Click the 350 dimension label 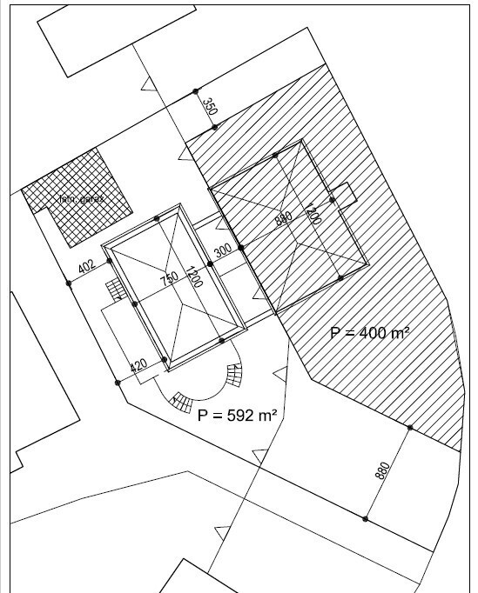tap(209, 108)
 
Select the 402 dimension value tap(85, 268)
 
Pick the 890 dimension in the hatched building tap(282, 219)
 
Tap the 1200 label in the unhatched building tap(193, 279)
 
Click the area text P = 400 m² tap(370, 332)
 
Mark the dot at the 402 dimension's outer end tap(68, 283)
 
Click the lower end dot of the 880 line tap(365, 519)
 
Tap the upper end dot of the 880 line tap(407, 427)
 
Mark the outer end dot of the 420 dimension tap(117, 382)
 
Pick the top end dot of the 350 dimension tap(197, 90)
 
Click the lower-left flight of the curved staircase tap(180, 403)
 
